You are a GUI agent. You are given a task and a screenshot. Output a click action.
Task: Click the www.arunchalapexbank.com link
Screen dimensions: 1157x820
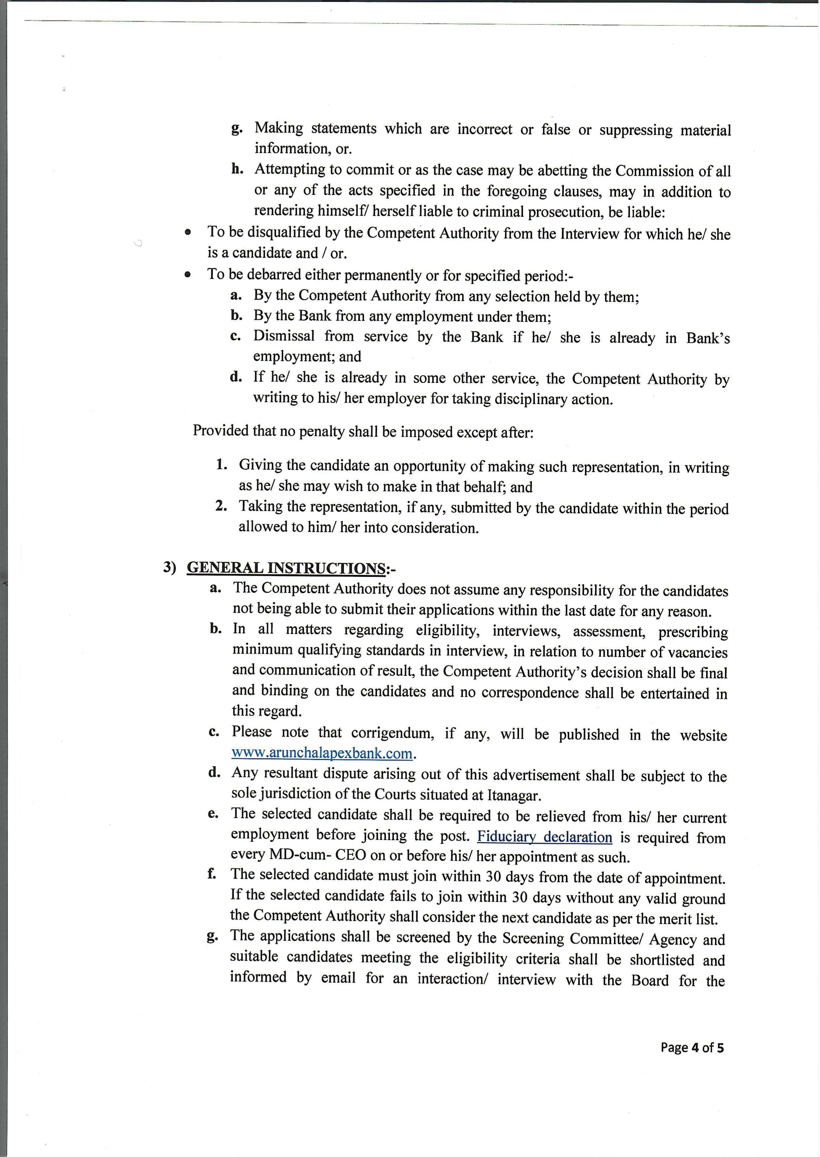tap(322, 753)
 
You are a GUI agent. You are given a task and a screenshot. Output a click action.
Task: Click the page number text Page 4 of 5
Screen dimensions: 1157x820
tap(692, 1047)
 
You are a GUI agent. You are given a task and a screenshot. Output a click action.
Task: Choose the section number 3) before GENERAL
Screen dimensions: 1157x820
tap(170, 567)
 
